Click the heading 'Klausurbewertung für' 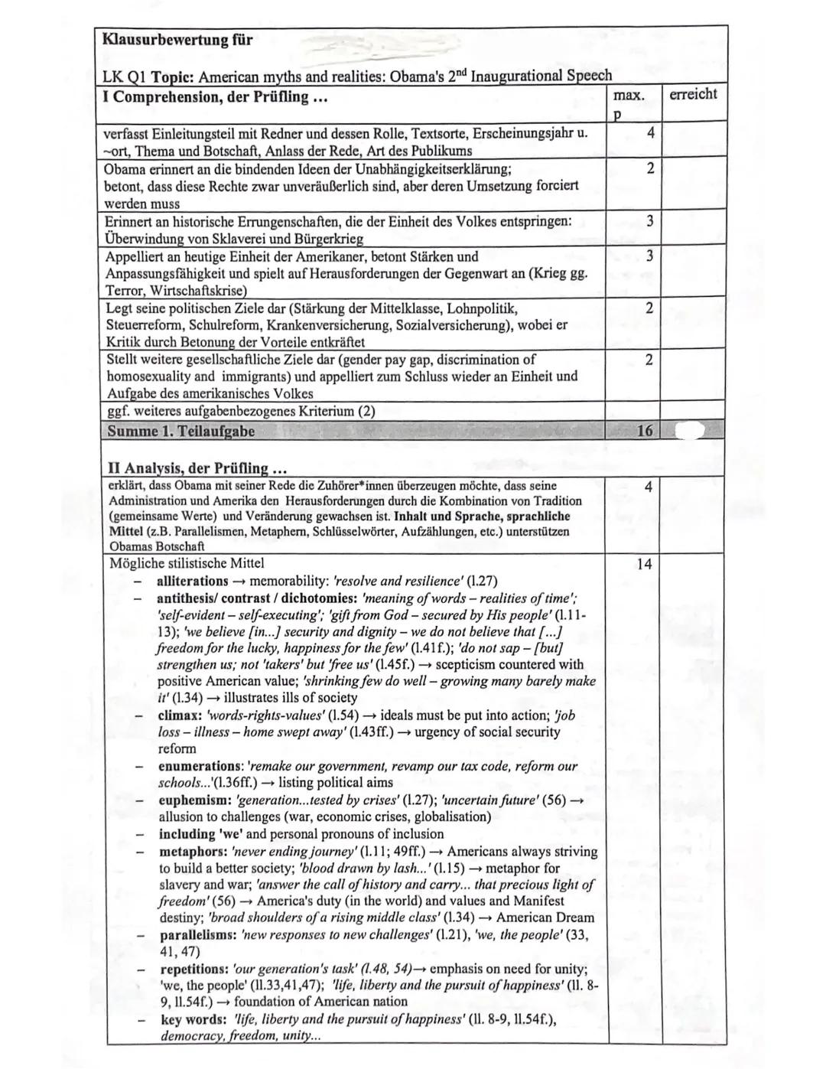(x=178, y=40)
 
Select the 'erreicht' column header (x=692, y=94)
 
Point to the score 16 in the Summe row (x=645, y=431)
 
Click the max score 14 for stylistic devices (x=644, y=564)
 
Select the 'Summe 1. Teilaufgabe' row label (x=181, y=431)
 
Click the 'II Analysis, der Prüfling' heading (x=190, y=468)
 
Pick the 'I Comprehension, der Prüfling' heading (x=206, y=97)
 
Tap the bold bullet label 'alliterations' (x=192, y=581)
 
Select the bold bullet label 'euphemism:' (x=193, y=800)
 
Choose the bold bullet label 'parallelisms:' (x=197, y=935)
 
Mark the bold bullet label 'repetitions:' (x=194, y=969)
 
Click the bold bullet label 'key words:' (x=192, y=1020)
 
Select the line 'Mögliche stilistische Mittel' (x=187, y=563)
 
